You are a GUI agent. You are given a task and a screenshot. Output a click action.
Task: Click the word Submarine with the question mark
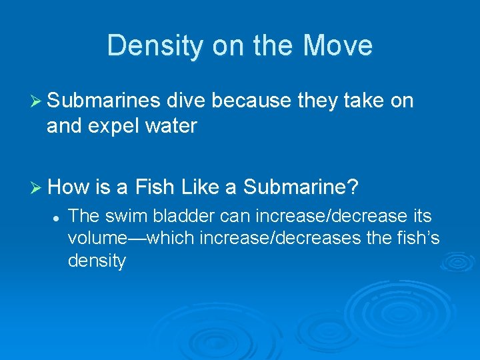[x=301, y=187]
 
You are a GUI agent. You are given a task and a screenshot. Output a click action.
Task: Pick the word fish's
[x=415, y=238]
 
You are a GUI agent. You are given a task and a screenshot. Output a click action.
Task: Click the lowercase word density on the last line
[x=97, y=260]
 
